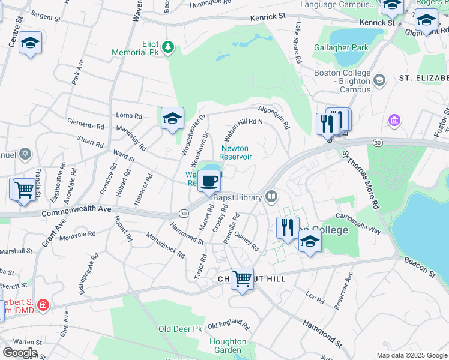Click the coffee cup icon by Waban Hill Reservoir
point(209,180)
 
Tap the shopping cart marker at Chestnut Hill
point(242,278)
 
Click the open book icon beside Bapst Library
point(271,197)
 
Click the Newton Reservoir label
point(235,152)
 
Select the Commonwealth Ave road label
point(69,212)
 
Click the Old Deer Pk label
point(180,329)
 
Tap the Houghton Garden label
point(228,346)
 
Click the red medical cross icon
point(43,305)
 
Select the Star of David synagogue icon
point(25,155)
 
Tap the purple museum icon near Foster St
point(394,121)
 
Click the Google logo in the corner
point(19,353)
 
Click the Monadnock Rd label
point(166,245)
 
